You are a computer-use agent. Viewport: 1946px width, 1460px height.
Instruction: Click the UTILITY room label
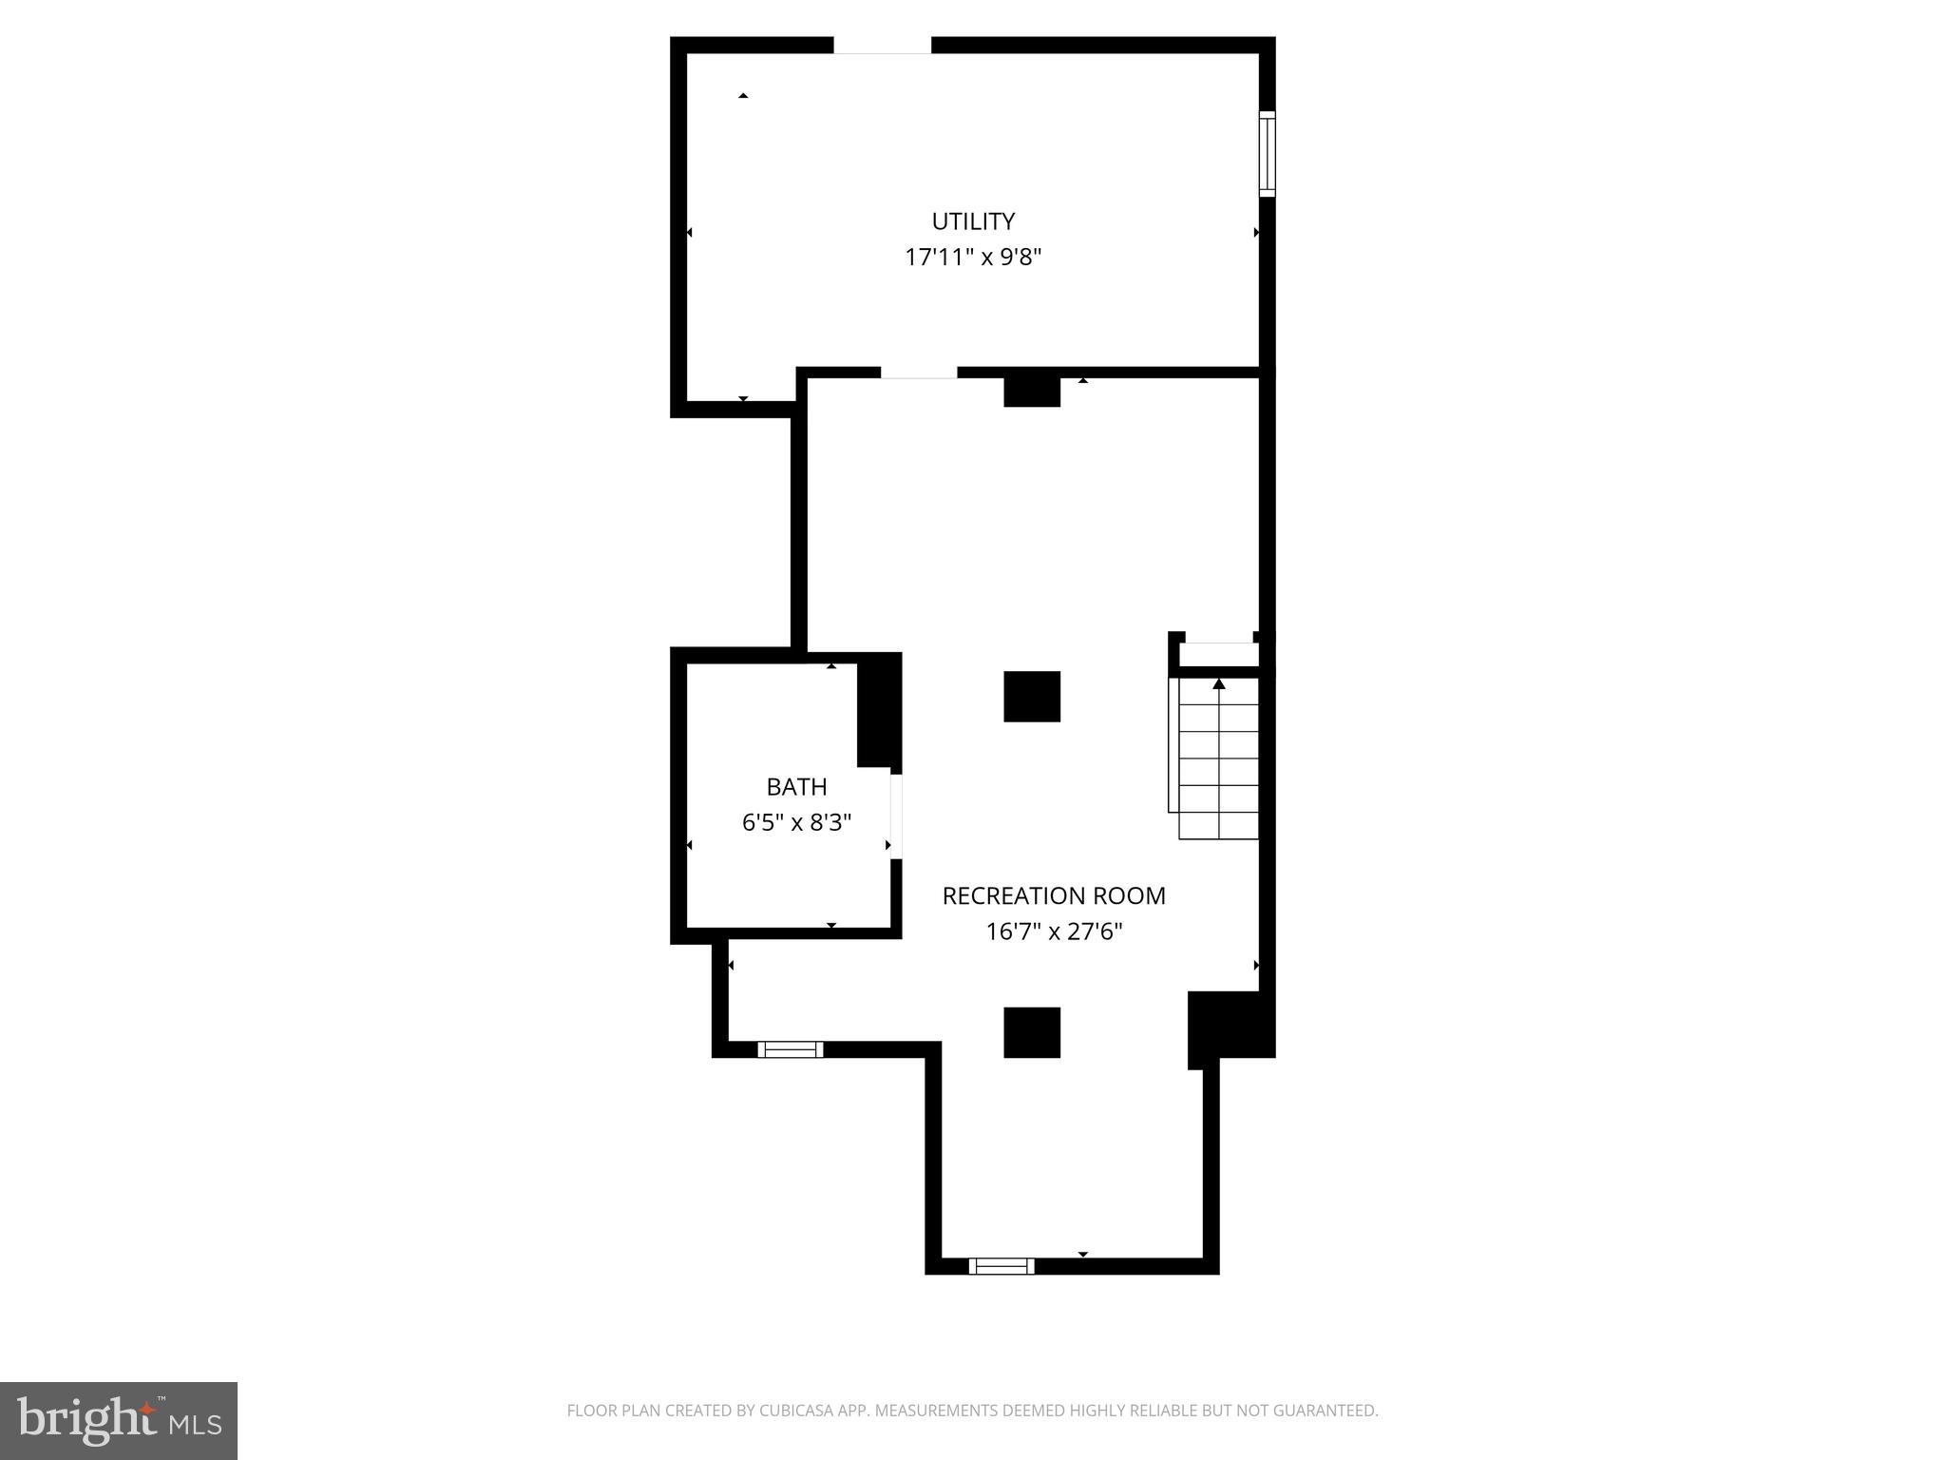(973, 221)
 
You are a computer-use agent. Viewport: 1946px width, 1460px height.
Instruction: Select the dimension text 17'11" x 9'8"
(973, 258)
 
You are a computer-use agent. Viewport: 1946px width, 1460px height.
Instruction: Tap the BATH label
(796, 787)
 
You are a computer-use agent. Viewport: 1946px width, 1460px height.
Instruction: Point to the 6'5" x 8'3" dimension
(796, 822)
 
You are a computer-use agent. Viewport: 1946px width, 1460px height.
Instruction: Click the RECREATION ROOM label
(1053, 895)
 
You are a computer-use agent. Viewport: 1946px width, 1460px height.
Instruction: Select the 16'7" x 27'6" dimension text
(1053, 932)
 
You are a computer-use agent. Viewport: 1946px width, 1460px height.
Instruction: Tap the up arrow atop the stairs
(1219, 683)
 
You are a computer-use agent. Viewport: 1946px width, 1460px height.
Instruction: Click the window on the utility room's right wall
(1267, 154)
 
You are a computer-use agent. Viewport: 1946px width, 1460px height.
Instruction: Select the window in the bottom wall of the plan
(1002, 1265)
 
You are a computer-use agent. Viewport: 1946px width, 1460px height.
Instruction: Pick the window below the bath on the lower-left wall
(791, 1049)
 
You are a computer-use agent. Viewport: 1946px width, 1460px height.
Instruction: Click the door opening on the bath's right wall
(895, 816)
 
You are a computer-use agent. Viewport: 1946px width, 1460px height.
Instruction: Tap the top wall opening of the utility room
(882, 46)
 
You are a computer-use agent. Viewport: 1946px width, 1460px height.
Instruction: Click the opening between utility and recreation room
(918, 373)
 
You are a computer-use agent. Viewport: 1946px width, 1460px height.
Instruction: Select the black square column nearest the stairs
(1032, 697)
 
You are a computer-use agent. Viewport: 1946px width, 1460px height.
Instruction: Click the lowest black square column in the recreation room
(1032, 1032)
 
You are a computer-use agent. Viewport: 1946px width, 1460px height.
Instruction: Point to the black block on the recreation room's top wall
(1032, 391)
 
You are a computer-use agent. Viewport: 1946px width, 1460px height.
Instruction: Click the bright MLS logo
(119, 1421)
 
